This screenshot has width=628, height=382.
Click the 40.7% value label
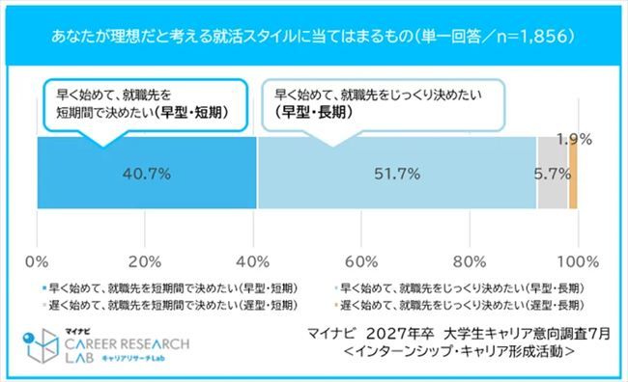(147, 174)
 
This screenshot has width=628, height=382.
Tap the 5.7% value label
(552, 174)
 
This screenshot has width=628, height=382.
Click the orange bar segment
(573, 174)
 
